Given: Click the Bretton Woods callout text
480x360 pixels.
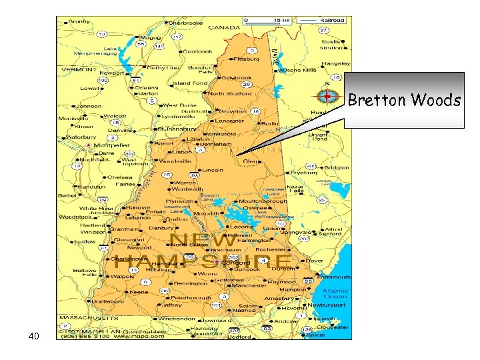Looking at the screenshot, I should [x=404, y=101].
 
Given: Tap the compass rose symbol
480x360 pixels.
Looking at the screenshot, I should [x=327, y=97].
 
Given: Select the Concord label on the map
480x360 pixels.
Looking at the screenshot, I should [x=239, y=263].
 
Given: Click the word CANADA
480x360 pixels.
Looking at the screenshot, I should [x=225, y=28].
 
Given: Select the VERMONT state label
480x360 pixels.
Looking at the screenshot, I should [x=80, y=69].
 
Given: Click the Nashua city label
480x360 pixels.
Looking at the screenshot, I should [x=245, y=310].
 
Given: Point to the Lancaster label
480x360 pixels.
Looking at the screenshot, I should [x=229, y=121].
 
